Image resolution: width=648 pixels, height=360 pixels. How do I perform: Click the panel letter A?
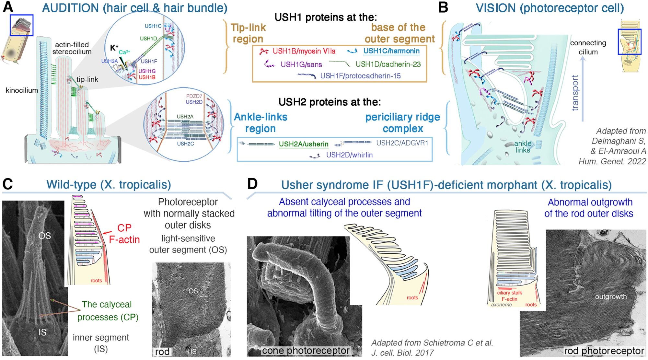click(x=8, y=7)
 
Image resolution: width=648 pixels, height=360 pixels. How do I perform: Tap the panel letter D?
click(x=252, y=184)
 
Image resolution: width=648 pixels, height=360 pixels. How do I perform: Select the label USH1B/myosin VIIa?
click(x=304, y=51)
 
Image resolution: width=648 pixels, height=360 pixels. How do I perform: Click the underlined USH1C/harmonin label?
click(x=391, y=51)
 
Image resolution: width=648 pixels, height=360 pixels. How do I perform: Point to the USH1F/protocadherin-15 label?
click(x=360, y=76)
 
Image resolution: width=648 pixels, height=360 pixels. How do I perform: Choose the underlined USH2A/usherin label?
click(x=303, y=144)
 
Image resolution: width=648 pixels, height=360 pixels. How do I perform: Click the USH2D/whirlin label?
click(x=349, y=155)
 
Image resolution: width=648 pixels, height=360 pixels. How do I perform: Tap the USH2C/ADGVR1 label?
click(x=402, y=143)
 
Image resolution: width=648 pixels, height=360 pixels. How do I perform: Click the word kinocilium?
click(x=22, y=90)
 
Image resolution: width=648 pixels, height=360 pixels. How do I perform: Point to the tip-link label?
click(x=87, y=79)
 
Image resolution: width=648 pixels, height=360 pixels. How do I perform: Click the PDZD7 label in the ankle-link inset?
click(x=194, y=96)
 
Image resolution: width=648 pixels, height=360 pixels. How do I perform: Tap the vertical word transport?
click(x=575, y=93)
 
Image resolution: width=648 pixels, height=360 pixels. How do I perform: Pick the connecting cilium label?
click(x=588, y=47)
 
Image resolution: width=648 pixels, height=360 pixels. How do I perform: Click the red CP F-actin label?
click(x=124, y=234)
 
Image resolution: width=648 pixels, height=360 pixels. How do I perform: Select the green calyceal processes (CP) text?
click(x=107, y=310)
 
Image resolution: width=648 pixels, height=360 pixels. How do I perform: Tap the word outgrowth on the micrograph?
click(x=610, y=296)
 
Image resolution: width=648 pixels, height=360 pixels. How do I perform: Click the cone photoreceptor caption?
click(x=306, y=351)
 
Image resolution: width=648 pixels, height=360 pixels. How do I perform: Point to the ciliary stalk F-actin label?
click(x=509, y=296)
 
